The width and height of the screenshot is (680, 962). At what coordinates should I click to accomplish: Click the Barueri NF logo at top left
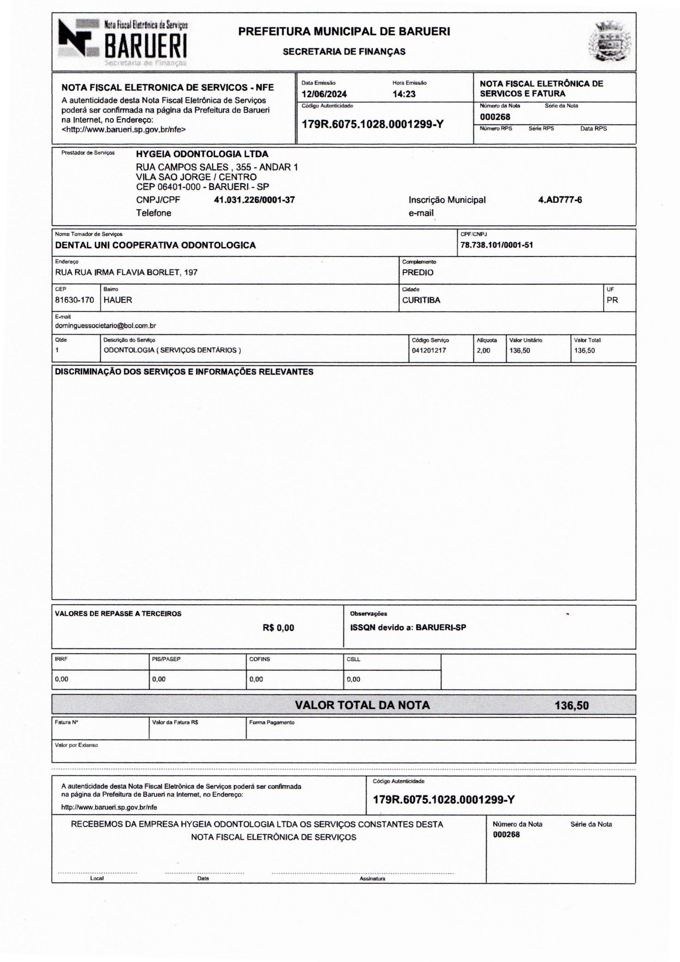[x=122, y=42]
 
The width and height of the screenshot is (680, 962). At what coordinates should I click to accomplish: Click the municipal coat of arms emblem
[x=609, y=42]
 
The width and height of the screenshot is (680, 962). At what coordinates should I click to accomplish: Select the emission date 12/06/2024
[x=324, y=94]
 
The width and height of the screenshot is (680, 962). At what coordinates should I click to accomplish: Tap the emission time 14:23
[x=404, y=94]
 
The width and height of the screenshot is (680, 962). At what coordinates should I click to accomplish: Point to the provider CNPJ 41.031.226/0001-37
[x=254, y=200]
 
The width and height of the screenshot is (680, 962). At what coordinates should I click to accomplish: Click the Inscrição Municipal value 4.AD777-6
[x=560, y=200]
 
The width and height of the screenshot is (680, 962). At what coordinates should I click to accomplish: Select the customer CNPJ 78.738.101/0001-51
[x=497, y=245]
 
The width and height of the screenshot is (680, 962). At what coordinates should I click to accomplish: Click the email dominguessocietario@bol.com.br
[x=106, y=325]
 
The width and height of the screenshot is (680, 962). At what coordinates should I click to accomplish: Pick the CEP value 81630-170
[x=74, y=300]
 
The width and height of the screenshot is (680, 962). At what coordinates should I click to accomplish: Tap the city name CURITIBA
[x=421, y=300]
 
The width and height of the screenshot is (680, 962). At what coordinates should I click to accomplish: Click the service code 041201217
[x=429, y=350]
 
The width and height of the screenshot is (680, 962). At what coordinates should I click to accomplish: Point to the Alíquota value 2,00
[x=483, y=350]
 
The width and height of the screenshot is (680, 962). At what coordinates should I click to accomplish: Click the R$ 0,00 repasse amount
[x=278, y=628]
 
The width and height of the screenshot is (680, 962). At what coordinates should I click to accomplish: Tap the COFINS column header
[x=259, y=659]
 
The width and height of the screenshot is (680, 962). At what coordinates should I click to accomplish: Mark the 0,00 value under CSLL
[x=353, y=679]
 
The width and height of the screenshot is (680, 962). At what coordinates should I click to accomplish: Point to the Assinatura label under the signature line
[x=372, y=879]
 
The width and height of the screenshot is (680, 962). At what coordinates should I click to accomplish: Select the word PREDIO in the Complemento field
[x=417, y=272]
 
